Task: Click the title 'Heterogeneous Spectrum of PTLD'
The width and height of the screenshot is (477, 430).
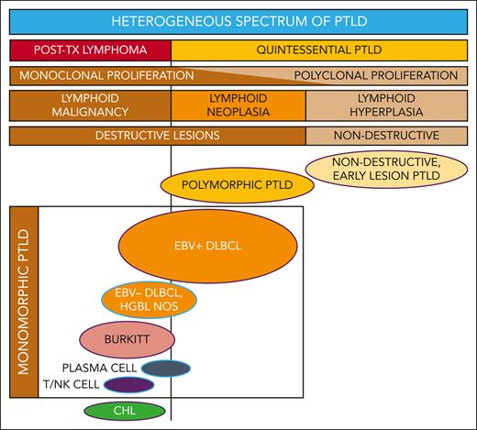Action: click(238, 20)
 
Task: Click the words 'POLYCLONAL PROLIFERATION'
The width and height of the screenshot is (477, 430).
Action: click(376, 75)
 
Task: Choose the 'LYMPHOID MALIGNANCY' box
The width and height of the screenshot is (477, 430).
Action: click(90, 105)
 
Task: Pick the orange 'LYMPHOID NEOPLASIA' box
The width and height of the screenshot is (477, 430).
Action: click(238, 105)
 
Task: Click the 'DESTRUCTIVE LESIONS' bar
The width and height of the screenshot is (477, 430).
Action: click(156, 136)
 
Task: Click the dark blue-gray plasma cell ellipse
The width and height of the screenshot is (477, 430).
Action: click(166, 368)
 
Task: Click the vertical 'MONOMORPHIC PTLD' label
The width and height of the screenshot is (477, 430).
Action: click(24, 303)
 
